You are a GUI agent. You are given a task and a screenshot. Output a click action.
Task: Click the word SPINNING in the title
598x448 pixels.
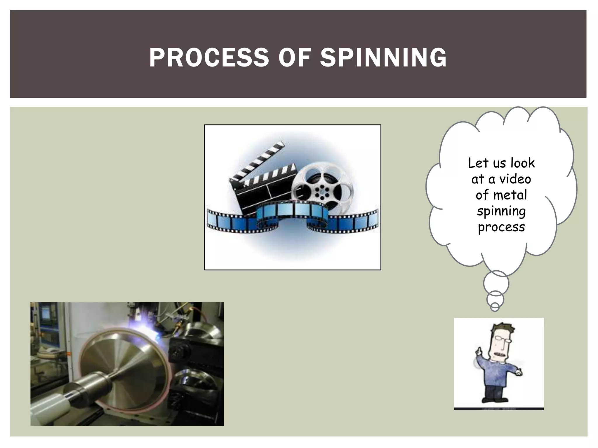click(383, 57)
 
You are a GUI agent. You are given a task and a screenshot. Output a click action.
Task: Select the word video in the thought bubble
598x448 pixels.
click(515, 179)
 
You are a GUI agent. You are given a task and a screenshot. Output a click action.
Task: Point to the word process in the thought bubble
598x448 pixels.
click(501, 227)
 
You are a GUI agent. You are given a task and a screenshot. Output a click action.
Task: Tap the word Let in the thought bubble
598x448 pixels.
click(479, 163)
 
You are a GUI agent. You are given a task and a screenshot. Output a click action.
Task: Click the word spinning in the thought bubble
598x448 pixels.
click(501, 211)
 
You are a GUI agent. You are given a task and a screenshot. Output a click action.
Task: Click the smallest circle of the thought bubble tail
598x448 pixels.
click(495, 307)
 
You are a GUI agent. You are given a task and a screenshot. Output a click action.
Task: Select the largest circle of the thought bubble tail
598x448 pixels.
click(496, 283)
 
